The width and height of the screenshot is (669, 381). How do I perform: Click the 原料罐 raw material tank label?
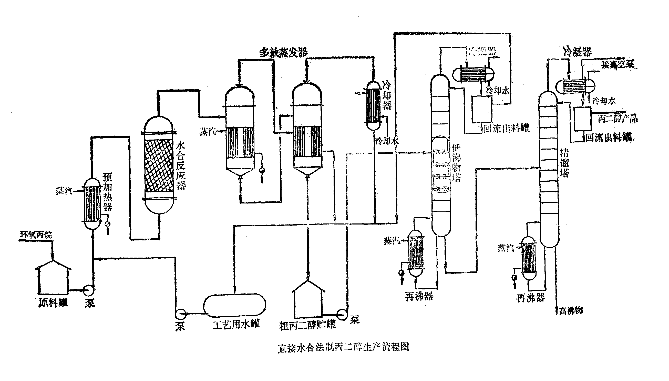[x=53, y=303]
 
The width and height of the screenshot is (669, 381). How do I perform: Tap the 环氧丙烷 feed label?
[x=36, y=235]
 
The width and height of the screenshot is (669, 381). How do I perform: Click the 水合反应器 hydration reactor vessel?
[x=159, y=165]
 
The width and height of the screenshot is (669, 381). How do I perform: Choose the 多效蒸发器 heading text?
[x=284, y=52]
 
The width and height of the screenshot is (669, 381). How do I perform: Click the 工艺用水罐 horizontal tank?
[x=234, y=305]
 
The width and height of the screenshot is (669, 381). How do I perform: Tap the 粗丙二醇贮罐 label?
[x=307, y=325]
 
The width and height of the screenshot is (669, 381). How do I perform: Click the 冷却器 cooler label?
[x=387, y=95]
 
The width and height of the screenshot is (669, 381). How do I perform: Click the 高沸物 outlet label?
[x=571, y=311]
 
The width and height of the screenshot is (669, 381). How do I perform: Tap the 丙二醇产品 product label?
[x=617, y=119]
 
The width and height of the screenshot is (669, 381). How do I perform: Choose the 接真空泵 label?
[x=617, y=64]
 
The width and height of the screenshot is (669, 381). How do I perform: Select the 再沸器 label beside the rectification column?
[x=530, y=298]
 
